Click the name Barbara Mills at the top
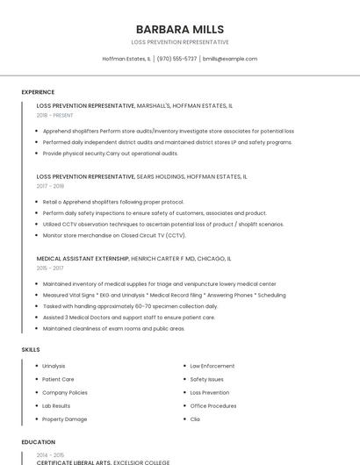[x=180, y=29]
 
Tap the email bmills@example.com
[x=230, y=59]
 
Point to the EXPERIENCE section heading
[x=38, y=92]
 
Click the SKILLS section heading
[x=31, y=349]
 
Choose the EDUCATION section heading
[x=38, y=442]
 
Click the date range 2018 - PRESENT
[x=55, y=115]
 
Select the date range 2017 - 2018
[x=50, y=186]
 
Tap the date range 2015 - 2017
[x=50, y=268]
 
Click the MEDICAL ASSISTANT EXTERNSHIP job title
[x=83, y=259]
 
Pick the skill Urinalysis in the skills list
[x=54, y=366]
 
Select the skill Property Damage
[x=65, y=419]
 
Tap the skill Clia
[x=195, y=419]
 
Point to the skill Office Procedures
[x=213, y=406]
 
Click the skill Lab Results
[x=56, y=406]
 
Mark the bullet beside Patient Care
[x=36, y=379]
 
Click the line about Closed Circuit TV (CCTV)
[x=114, y=235]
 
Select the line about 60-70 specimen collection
[x=130, y=306]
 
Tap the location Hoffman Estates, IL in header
[x=126, y=59]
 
